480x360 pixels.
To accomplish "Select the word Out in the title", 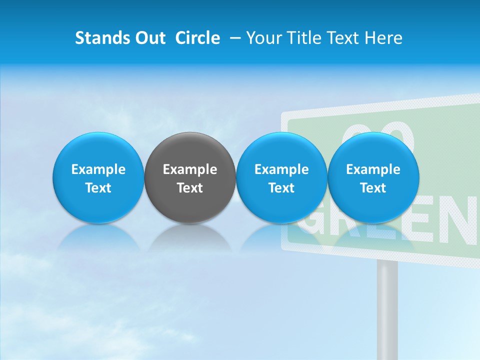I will [x=149, y=38].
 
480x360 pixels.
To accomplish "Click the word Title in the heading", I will [x=305, y=38].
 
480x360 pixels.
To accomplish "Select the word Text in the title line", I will [x=347, y=38].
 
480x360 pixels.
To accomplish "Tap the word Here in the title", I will [x=384, y=38].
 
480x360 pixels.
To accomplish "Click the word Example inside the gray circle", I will [x=190, y=169].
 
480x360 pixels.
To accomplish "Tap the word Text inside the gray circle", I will [x=190, y=188].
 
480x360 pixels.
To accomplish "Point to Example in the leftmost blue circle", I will [x=98, y=169].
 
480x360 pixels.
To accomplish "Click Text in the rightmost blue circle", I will [x=373, y=188].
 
